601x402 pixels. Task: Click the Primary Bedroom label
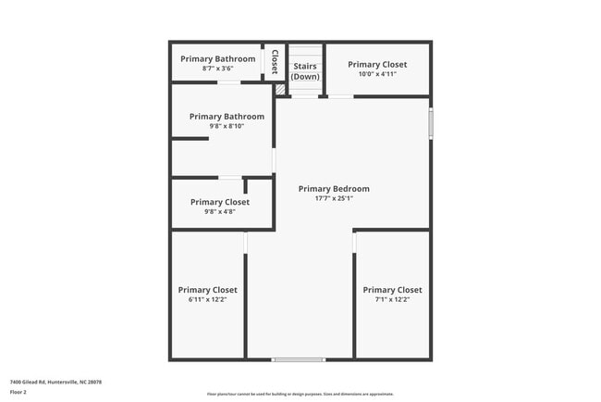334,189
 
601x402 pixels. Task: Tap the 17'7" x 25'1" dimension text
334,198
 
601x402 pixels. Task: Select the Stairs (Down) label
305,71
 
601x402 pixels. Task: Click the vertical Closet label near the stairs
275,61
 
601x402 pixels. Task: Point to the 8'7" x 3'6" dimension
217,69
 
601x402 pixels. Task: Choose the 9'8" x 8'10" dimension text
227,126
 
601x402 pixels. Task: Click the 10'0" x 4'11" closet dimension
376,74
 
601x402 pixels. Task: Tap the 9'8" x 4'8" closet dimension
220,211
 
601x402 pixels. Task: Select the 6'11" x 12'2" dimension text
207,299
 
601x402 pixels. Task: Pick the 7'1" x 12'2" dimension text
392,299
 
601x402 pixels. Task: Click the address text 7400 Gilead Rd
55,382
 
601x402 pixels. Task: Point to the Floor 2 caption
18,392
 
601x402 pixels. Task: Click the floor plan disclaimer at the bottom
300,393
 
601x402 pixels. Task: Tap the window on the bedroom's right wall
430,123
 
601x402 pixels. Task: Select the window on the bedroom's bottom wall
299,358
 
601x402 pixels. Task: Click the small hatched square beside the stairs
280,89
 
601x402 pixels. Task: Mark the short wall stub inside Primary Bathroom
190,139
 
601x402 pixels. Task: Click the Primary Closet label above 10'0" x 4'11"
376,65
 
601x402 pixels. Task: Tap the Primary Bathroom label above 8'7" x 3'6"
217,59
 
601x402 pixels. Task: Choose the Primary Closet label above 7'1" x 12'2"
392,290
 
